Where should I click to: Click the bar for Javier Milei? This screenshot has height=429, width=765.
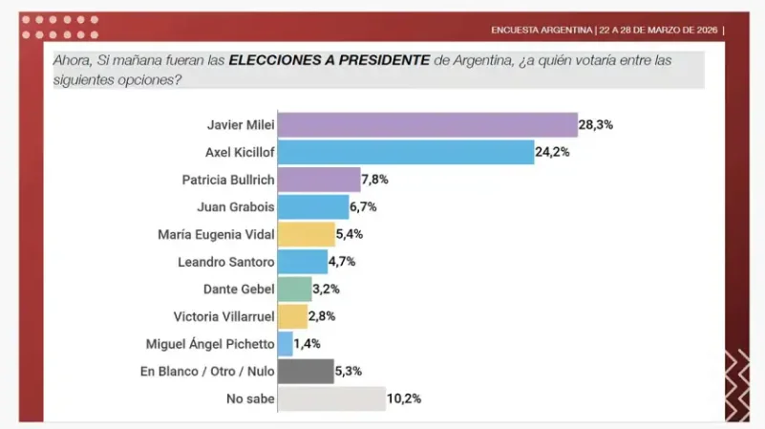[x=427, y=125]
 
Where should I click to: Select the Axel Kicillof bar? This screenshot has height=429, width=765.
[x=405, y=152]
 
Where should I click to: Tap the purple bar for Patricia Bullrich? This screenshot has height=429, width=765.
[x=318, y=180]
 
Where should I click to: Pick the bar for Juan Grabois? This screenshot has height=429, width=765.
[x=313, y=206]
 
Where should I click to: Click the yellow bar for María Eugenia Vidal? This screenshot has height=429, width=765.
[x=306, y=234]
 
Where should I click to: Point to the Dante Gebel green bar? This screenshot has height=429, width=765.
[x=294, y=289]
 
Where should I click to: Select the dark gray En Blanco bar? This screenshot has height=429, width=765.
[x=306, y=371]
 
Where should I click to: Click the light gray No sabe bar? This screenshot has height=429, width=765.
[x=331, y=398]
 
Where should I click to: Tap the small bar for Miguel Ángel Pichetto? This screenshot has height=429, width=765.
[x=285, y=343]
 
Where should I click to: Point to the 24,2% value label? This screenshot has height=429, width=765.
[x=553, y=152]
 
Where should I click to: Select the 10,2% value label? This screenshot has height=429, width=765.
[x=405, y=398]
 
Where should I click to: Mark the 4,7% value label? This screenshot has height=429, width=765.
[x=347, y=261]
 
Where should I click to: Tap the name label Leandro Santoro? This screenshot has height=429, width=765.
[x=225, y=261]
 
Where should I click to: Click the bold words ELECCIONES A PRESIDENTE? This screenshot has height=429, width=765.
[x=329, y=60]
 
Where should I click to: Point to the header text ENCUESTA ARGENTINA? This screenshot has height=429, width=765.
[x=541, y=30]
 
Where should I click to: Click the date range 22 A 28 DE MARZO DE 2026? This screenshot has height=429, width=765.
[x=658, y=30]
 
